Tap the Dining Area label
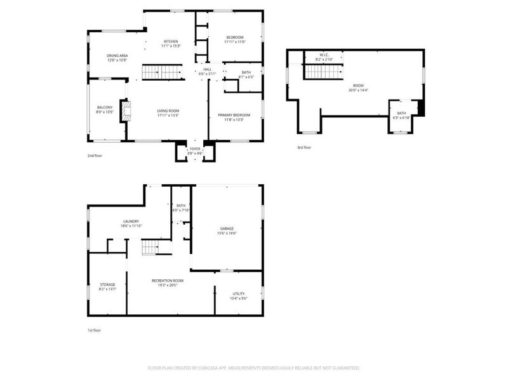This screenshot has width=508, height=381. pos(117,55)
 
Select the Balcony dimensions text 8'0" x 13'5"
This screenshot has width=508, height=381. pos(105,112)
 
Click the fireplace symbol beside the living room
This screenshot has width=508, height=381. pos(127,111)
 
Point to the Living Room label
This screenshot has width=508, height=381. pos(168,111)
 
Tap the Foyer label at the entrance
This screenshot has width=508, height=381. pos(195,149)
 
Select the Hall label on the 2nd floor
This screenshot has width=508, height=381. pos(207,69)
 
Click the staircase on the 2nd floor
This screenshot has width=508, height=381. pos(162,72)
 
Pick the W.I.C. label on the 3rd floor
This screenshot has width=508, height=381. pos(323,55)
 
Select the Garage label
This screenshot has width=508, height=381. pos(227,229)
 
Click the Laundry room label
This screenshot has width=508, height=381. pos(131,221)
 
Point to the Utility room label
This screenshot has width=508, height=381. pos(238,293)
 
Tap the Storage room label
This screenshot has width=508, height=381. pos(107,284)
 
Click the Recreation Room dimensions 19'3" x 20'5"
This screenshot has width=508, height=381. pos(168,285)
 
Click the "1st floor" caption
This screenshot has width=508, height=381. pos(94,330)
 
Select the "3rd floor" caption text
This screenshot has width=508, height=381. pos(304,147)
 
